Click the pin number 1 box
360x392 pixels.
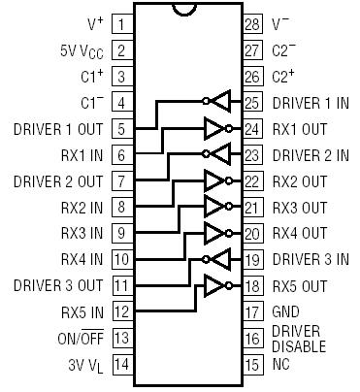122,22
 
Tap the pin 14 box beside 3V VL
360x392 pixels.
122,366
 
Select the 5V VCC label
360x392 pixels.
79,49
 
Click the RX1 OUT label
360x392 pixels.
300,128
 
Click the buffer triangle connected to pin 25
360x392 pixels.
220,101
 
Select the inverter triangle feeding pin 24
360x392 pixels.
213,127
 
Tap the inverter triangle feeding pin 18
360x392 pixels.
213,286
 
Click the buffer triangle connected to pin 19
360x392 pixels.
220,260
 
